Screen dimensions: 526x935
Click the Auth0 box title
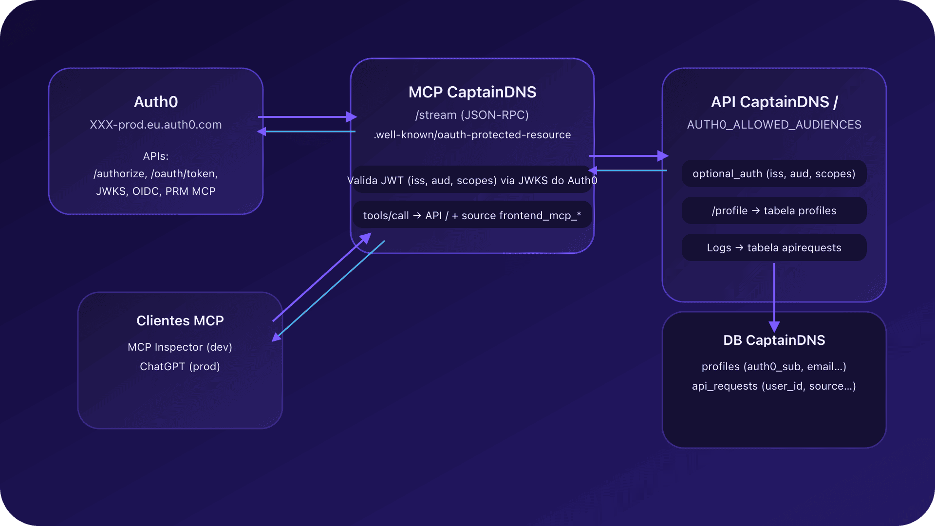point(156,102)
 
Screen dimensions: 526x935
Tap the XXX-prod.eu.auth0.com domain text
point(156,125)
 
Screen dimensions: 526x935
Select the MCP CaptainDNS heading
point(472,92)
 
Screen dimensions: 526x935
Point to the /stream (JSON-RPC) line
point(472,115)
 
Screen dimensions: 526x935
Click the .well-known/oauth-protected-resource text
point(472,135)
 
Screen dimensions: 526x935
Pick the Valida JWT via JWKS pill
point(472,181)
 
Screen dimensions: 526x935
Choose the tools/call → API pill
point(472,216)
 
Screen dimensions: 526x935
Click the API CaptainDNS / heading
point(774,102)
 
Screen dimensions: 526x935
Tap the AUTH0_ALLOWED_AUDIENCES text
point(774,125)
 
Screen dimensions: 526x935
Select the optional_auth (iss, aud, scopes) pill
point(774,174)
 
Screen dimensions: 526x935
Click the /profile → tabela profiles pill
point(774,211)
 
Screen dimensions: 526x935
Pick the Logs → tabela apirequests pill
point(774,248)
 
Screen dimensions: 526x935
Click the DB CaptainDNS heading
point(774,340)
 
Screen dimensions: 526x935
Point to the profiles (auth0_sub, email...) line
point(774,367)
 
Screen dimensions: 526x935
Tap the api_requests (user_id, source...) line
point(774,386)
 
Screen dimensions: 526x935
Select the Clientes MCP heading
point(180,320)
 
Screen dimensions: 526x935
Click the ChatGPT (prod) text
point(180,367)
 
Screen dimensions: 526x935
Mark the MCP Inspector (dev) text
point(180,347)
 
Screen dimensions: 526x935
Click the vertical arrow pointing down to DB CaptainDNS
point(774,292)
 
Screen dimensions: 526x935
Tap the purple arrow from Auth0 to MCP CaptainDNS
point(307,117)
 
